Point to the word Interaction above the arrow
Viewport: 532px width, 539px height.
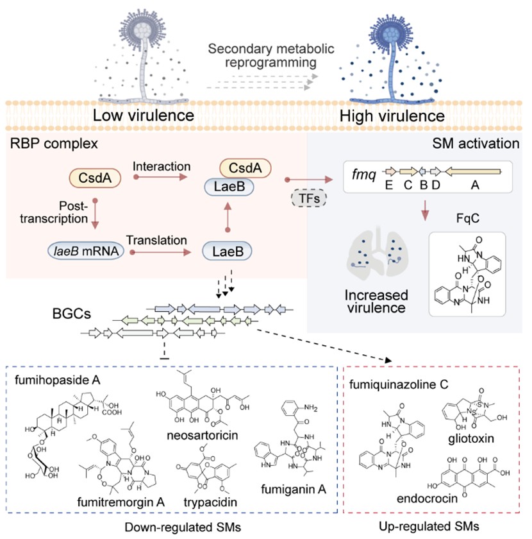tap(154, 167)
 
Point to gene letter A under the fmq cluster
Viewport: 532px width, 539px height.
tap(474, 185)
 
